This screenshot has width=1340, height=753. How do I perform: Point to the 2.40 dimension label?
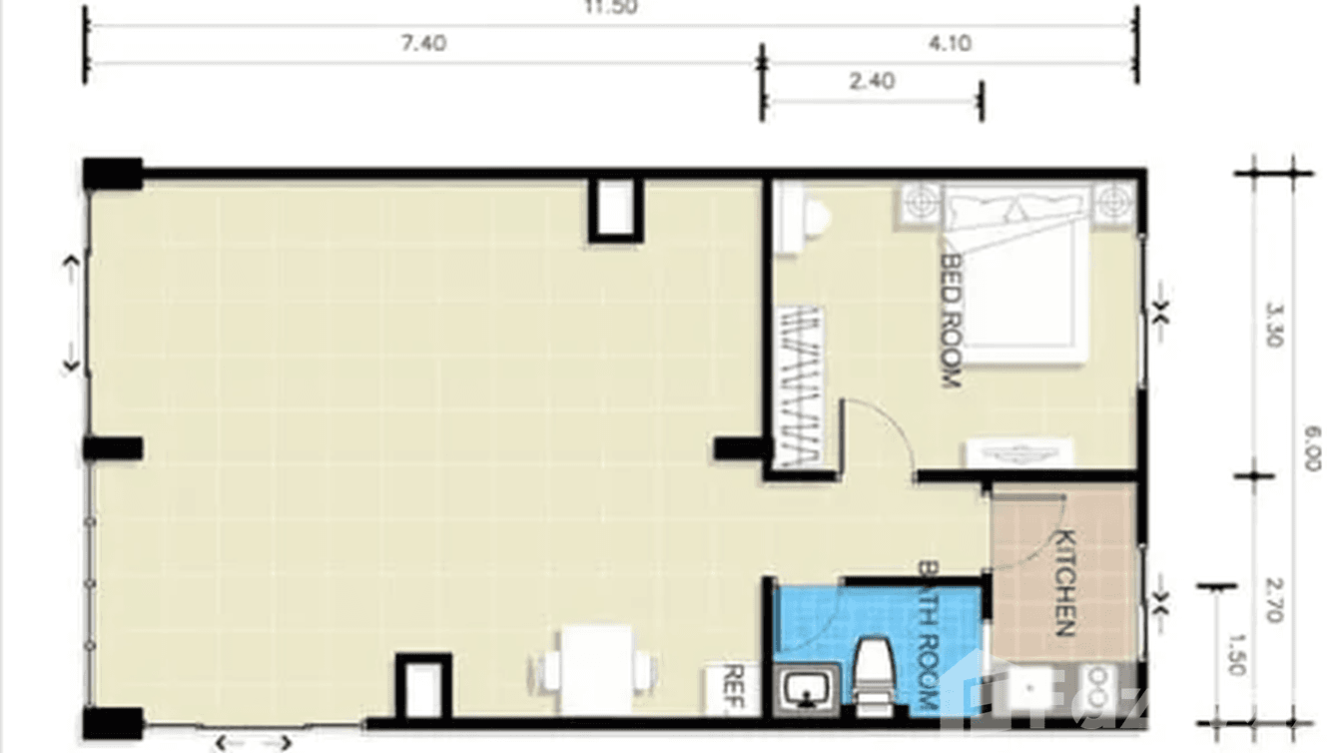(872, 81)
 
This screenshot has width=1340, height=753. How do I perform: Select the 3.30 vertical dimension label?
(1273, 326)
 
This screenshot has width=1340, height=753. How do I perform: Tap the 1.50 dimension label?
(1236, 654)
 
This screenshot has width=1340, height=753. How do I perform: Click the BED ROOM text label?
(951, 319)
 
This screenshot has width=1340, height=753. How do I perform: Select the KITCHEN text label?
(1063, 582)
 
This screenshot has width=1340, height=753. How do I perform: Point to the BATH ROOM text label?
(927, 639)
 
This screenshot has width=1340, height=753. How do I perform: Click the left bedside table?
(921, 204)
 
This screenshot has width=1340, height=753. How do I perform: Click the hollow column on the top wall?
(612, 209)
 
